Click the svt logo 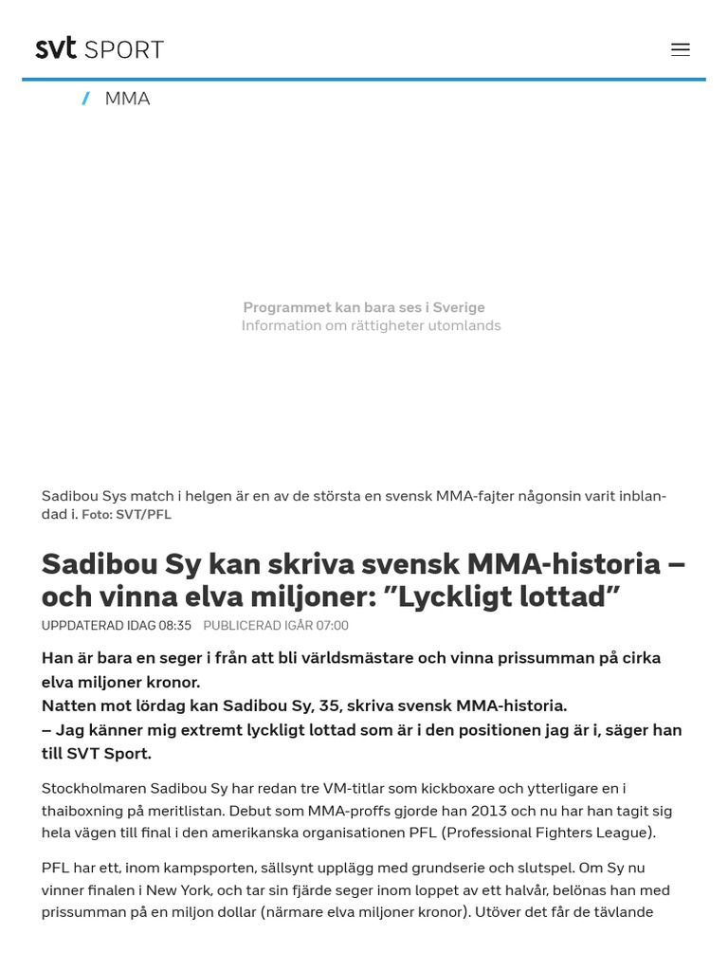click(x=56, y=48)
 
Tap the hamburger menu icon click(x=681, y=49)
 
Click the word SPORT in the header click(x=124, y=49)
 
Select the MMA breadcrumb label click(x=127, y=99)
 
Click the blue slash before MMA click(x=86, y=99)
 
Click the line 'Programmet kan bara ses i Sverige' click(x=364, y=307)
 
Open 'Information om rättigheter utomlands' click(x=371, y=325)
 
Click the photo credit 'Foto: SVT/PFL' click(x=126, y=514)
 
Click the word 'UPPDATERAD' click(x=82, y=626)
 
